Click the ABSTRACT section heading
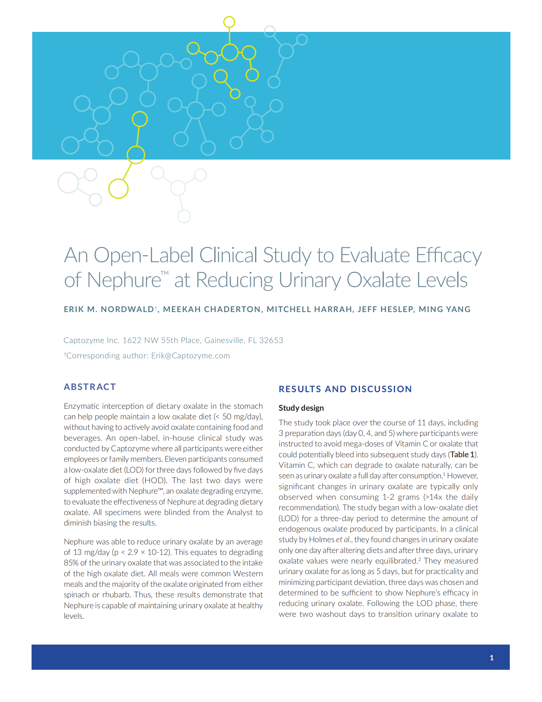[90, 387]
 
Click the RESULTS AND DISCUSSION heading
[345, 389]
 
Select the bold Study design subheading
[301, 408]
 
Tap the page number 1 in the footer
[492, 658]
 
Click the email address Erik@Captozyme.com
[190, 355]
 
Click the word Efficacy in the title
[449, 255]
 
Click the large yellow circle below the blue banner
[118, 188]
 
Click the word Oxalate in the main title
[378, 280]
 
